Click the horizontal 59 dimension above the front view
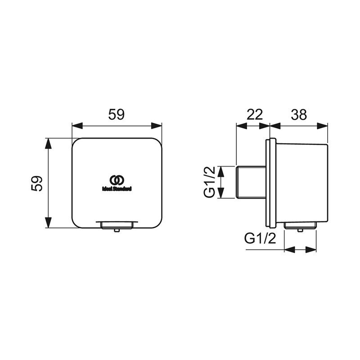[117, 115]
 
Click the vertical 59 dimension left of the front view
[37, 184]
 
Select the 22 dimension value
[254, 115]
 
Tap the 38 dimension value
[299, 115]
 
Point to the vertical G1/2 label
[209, 182]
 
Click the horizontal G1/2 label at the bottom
[260, 238]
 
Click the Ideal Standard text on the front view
[117, 189]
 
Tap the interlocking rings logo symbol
[117, 180]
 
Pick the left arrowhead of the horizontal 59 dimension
[77, 126]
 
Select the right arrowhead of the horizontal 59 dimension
[157, 126]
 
